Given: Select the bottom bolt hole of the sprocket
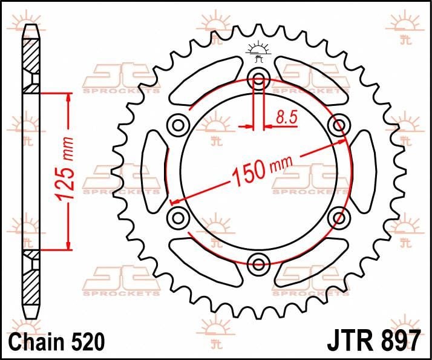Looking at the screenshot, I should pyautogui.click(x=259, y=262).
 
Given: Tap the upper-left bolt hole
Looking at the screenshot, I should pyautogui.click(x=178, y=125).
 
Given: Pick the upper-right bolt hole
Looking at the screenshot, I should pyautogui.click(x=338, y=125).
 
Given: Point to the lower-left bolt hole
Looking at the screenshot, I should pyautogui.click(x=178, y=216).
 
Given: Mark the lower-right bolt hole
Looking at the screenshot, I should pyautogui.click(x=338, y=216).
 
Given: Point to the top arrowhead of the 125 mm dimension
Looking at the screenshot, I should pyautogui.click(x=68, y=97).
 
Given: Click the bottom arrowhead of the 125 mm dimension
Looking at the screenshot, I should pyautogui.click(x=68, y=244).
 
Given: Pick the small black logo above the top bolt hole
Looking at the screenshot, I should pyautogui.click(x=259, y=52).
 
